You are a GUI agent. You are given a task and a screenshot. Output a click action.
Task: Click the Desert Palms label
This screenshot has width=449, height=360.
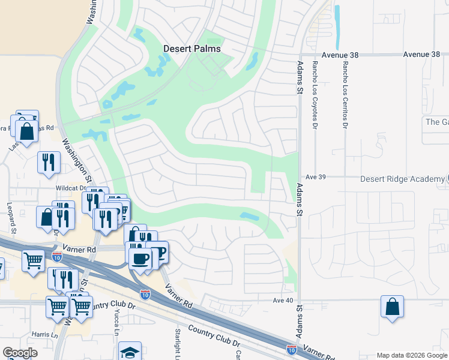(x=192, y=49)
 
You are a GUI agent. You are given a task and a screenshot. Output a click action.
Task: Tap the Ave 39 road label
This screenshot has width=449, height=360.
(x=315, y=177)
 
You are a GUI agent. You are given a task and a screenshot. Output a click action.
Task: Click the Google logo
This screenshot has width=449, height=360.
(x=20, y=353)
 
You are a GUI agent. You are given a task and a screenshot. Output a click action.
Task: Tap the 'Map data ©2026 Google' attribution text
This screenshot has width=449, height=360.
(x=412, y=355)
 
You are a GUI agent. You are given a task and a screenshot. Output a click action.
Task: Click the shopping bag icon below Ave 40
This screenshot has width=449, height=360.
(x=392, y=307)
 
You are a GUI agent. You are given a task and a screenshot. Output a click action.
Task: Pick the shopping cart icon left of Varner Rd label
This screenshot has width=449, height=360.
(x=34, y=260)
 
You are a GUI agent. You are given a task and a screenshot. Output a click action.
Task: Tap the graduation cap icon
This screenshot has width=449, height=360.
(x=130, y=352)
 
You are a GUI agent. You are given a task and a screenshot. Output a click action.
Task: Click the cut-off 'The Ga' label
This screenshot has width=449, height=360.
(x=436, y=122)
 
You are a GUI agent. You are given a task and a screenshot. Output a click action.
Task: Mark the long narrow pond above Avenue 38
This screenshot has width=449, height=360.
(x=337, y=27)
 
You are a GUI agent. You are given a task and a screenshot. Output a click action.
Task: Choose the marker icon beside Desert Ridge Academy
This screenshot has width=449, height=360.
(x=447, y=179)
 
